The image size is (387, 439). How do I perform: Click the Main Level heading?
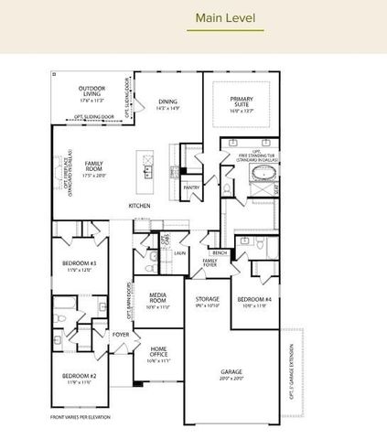(225, 16)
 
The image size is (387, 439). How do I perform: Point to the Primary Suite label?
(242, 102)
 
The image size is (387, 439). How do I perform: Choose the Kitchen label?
(139, 207)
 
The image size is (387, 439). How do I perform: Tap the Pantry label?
(191, 187)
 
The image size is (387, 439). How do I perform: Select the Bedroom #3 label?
(80, 266)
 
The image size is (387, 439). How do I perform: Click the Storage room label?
(208, 301)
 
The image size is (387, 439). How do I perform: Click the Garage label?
(231, 373)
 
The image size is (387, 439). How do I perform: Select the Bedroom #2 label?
(80, 379)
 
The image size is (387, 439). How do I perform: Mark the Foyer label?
(121, 335)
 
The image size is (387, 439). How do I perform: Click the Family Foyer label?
(210, 265)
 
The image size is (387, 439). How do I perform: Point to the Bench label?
(220, 252)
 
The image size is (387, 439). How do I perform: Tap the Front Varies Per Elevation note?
(80, 417)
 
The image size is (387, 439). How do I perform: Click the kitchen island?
(144, 166)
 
